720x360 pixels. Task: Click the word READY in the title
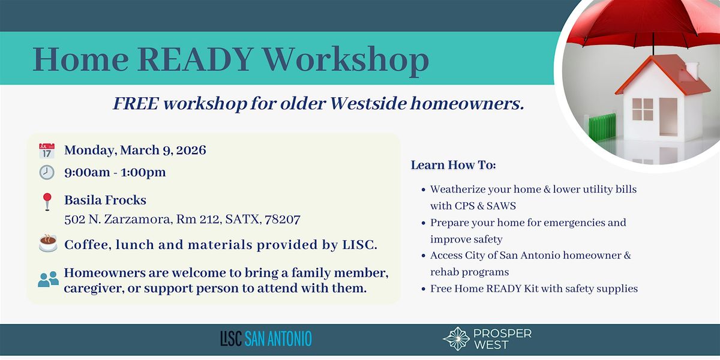point(195,59)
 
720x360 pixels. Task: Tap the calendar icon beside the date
point(47,151)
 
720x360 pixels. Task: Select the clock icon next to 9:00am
point(47,172)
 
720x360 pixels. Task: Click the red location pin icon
point(47,202)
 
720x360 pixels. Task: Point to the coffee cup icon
point(48,244)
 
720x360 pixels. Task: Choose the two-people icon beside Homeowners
point(48,279)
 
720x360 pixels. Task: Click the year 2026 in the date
point(191,150)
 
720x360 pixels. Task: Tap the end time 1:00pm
point(143,172)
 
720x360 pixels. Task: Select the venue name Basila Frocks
point(105,200)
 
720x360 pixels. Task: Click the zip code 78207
point(283,220)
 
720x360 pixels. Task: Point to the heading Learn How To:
point(453,165)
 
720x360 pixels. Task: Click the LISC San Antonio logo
point(266,339)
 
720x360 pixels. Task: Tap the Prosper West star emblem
point(457,339)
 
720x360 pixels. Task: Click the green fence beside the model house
point(602,128)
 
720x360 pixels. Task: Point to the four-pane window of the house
point(642,109)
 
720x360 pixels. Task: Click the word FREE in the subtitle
point(136,104)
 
